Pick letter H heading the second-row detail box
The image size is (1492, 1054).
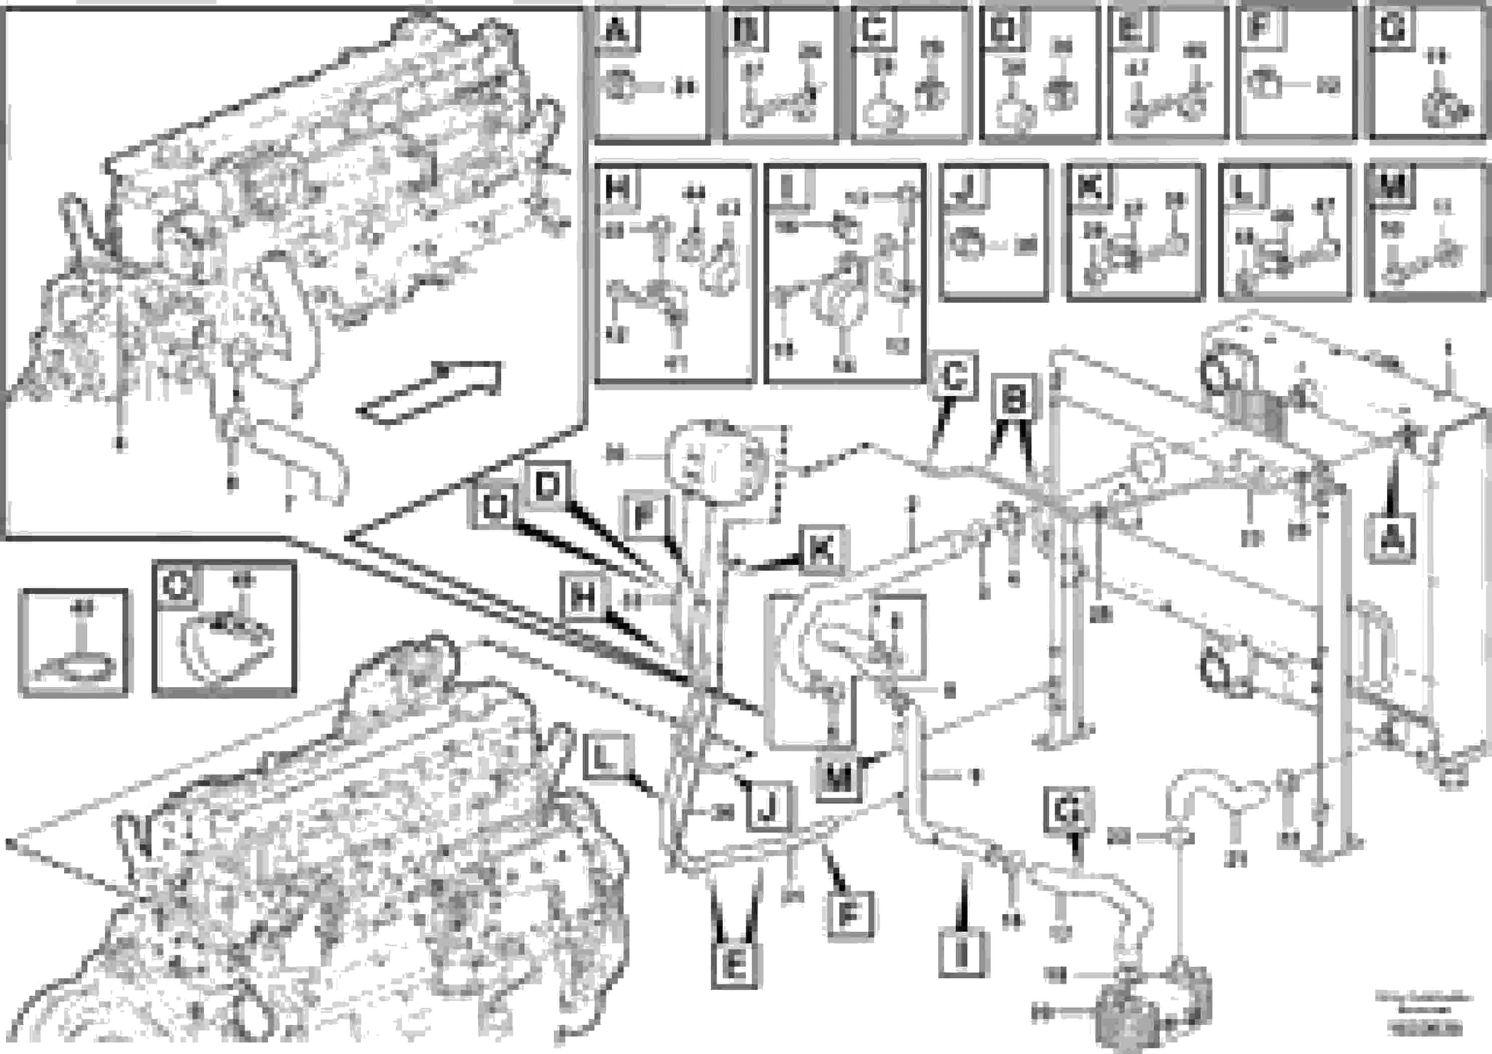tap(616, 188)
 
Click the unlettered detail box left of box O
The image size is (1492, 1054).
tap(74, 642)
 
